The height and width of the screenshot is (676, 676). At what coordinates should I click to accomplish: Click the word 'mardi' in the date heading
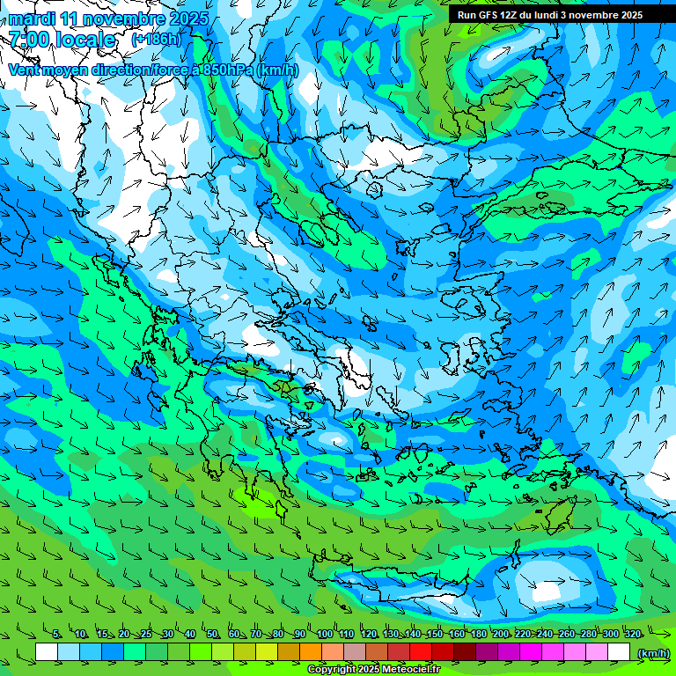click(32, 18)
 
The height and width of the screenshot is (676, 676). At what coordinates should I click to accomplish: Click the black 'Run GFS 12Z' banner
click(550, 15)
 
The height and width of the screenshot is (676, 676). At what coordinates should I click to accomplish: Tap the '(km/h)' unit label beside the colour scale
click(652, 652)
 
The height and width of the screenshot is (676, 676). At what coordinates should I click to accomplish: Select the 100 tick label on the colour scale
click(324, 634)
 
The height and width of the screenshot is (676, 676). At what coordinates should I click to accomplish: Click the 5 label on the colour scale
click(56, 634)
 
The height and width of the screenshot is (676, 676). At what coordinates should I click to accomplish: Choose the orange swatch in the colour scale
click(311, 652)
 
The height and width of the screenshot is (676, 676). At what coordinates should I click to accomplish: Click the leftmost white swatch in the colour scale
click(47, 652)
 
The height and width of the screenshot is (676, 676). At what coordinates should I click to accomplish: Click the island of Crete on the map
click(414, 588)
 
